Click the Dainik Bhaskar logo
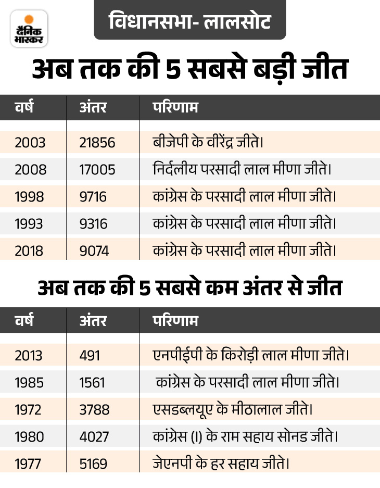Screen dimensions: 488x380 [x=29, y=28]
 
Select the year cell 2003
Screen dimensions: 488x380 [x=30, y=143]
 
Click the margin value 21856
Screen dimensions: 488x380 [x=97, y=143]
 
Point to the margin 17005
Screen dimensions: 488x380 [x=97, y=170]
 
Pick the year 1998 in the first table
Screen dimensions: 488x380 [x=30, y=197]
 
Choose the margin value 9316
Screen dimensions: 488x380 [x=93, y=224]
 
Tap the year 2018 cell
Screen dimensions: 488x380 [x=30, y=251]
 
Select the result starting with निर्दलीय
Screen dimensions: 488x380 [x=242, y=169]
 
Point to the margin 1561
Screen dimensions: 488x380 [x=92, y=382]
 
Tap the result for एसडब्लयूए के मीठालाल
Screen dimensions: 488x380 [x=233, y=409]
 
